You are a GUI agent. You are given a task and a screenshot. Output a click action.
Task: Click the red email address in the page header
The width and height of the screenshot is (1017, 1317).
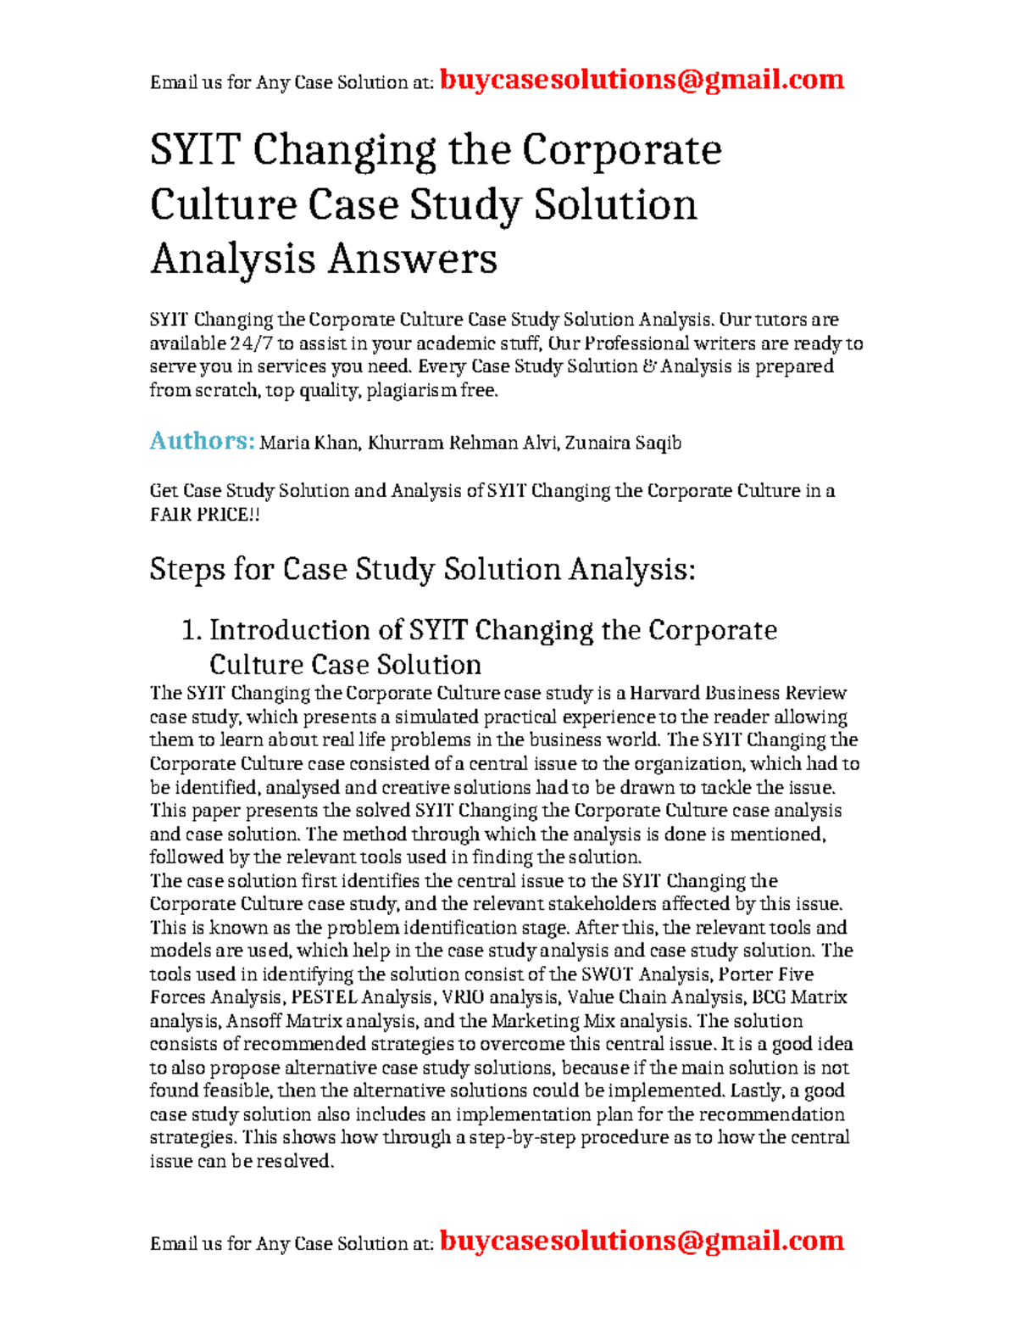point(642,80)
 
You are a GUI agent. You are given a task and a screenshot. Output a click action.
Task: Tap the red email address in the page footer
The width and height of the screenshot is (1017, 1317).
point(642,1241)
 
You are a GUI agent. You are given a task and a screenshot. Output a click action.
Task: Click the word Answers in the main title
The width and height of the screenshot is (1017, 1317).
point(413,259)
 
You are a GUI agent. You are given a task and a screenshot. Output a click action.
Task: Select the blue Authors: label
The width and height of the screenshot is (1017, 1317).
point(202,441)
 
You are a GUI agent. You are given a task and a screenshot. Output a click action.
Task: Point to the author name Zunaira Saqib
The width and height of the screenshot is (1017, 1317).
point(623,443)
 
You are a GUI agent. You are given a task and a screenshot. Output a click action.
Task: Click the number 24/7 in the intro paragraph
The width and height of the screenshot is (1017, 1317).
point(251,343)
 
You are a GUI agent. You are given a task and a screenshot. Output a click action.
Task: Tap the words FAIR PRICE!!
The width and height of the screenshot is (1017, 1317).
point(204,514)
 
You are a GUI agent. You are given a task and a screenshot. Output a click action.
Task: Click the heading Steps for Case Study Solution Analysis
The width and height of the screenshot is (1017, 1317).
point(422,569)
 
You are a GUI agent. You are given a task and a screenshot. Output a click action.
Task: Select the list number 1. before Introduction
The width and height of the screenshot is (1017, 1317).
point(192,630)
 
